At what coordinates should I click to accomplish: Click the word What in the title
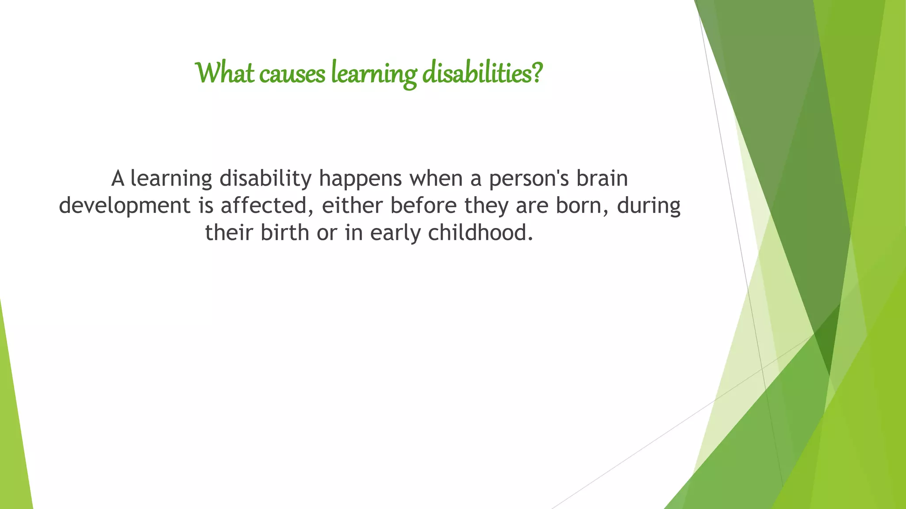coord(225,73)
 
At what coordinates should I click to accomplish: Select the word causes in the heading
coord(292,74)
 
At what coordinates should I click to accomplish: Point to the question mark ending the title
coord(537,73)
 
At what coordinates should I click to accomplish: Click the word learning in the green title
coord(374,74)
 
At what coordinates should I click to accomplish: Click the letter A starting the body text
coord(118,179)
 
